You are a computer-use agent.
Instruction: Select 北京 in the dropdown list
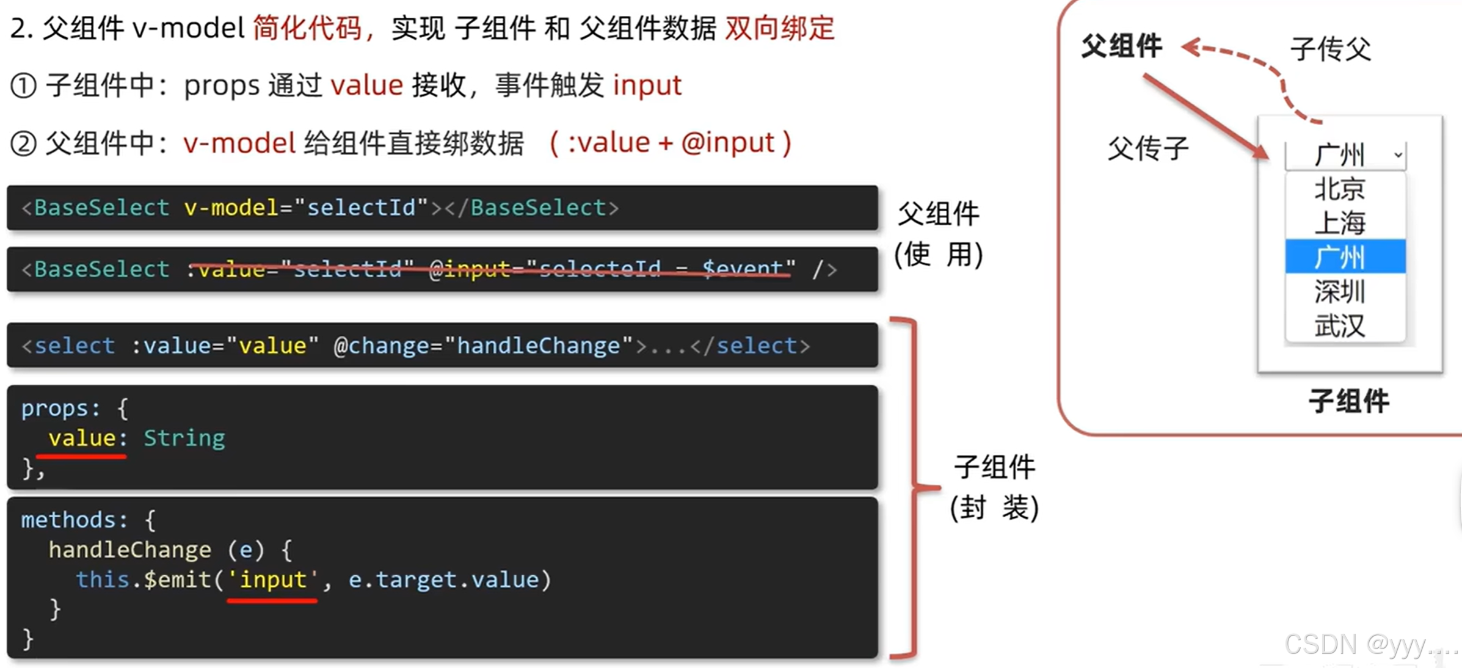[x=1339, y=189]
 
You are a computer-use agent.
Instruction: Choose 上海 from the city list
[x=1339, y=223]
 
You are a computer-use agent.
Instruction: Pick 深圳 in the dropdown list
[x=1339, y=291]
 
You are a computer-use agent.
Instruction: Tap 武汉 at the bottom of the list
[x=1339, y=325]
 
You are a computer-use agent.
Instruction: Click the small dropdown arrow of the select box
[x=1398, y=155]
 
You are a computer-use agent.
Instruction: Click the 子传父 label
[x=1331, y=49]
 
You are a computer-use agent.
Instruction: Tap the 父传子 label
[x=1148, y=148]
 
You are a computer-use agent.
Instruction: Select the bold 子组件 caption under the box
[x=1348, y=401]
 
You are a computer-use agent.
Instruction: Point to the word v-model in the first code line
[x=231, y=208]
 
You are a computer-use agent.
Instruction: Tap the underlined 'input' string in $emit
[x=272, y=579]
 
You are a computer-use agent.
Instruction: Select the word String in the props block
[x=184, y=438]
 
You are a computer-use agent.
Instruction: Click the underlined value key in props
[x=82, y=438]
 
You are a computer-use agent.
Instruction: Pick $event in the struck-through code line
[x=742, y=268]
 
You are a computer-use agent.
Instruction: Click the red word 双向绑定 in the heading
[x=780, y=28]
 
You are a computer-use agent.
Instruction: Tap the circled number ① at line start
[x=24, y=85]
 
